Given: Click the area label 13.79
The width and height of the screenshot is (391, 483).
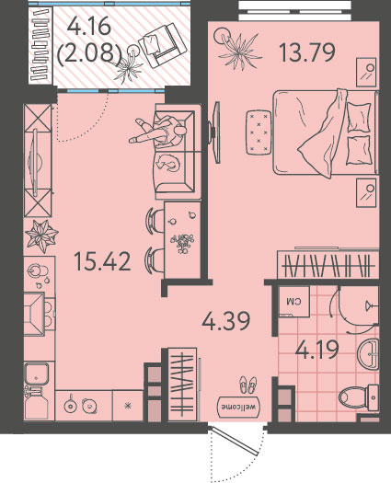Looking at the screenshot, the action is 307,52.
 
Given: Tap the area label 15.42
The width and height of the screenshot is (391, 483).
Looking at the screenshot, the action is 103,261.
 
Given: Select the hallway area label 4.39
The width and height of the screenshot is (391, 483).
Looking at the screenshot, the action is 225,321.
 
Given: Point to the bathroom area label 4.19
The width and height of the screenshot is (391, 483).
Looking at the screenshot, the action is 317,350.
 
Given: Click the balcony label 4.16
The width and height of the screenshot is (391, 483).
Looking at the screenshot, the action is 89,26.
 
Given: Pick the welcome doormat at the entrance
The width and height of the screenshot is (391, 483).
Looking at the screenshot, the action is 239,406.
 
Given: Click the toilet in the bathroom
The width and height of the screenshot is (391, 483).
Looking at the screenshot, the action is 359,397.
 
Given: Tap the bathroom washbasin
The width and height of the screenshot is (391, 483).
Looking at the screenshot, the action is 368,354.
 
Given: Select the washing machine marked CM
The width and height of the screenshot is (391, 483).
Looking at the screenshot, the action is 293,302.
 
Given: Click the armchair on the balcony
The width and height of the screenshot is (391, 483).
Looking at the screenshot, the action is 162,46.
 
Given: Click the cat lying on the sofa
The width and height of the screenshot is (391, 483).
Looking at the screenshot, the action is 169,162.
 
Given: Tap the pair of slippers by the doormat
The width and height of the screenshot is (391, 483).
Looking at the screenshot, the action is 248,385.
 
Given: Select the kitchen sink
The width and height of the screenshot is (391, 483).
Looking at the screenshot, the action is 37,373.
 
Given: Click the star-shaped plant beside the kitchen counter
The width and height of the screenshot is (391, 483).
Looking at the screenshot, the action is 41,236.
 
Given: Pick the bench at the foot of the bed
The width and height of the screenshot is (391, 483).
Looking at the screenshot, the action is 259,132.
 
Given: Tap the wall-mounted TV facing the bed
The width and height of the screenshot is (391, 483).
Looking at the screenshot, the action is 215,132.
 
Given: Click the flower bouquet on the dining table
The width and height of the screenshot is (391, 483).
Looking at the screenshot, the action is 182,244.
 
